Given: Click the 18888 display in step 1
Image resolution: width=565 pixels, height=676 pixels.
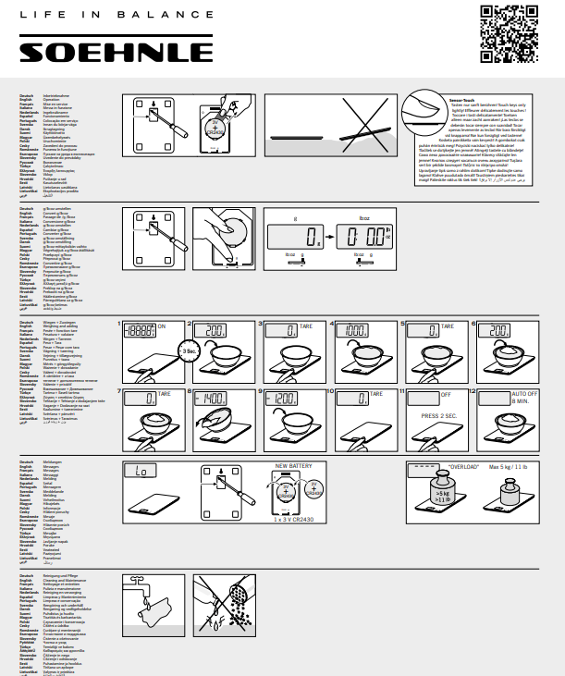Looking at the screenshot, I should (x=143, y=328).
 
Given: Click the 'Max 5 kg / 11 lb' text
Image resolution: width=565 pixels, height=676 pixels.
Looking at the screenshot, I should (x=514, y=468).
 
